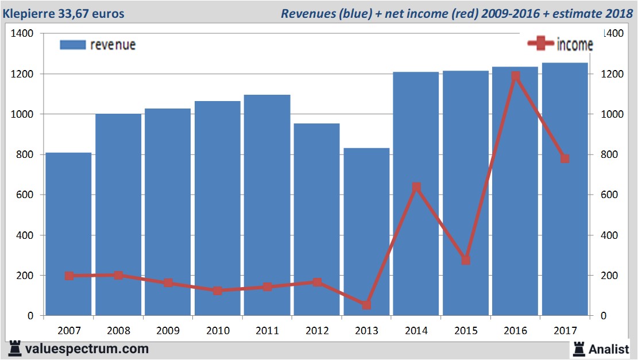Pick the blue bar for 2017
pos(564,189)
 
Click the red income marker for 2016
pos(516,76)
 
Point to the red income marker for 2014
pos(416,187)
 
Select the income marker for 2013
pos(366,305)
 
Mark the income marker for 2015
pos(466,260)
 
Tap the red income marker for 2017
pos(565,158)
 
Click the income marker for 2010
pos(218,291)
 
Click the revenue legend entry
pos(98,45)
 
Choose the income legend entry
pos(560,44)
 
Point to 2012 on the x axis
pos(317,331)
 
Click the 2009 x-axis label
pos(168,331)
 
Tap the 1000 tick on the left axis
pos(24,114)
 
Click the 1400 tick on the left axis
pos(24,34)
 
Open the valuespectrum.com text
pos(86,349)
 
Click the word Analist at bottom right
pos(609,349)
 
